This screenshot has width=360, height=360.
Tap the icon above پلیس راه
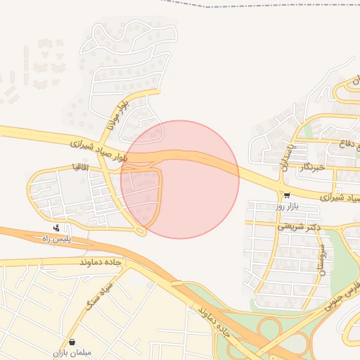[56, 227]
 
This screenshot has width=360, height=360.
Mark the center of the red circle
[180, 179]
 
